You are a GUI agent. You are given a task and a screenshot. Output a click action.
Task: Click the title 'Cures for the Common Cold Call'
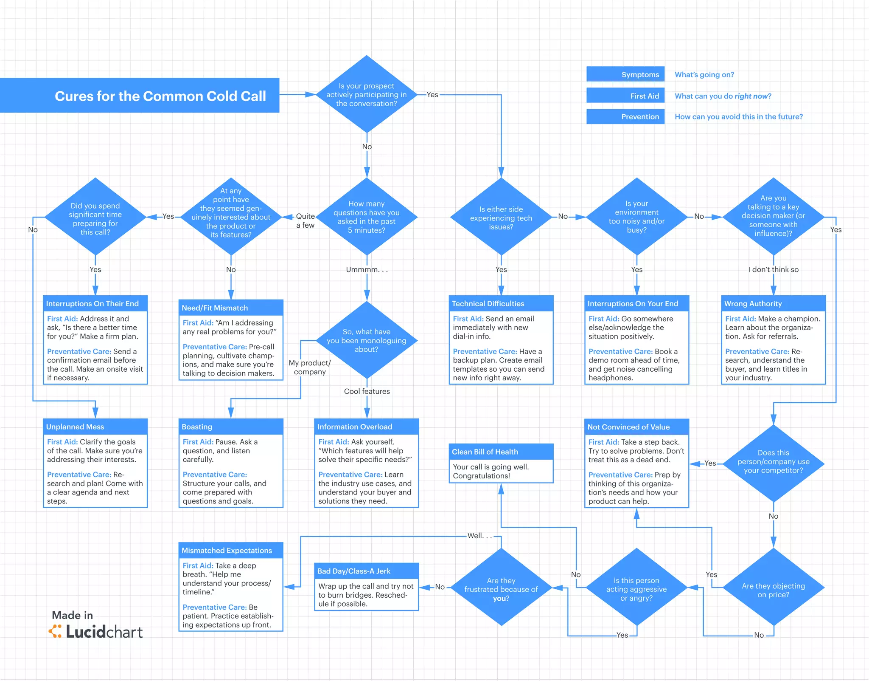(x=160, y=96)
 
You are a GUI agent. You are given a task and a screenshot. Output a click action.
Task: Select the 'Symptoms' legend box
(x=625, y=74)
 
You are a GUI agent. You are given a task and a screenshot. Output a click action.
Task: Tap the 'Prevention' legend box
(x=625, y=116)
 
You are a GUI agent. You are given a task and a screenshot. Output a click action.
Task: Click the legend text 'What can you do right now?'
(x=723, y=96)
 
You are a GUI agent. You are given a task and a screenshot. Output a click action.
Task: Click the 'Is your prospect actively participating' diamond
(x=366, y=94)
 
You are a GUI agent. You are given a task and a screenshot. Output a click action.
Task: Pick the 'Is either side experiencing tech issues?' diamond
(x=501, y=218)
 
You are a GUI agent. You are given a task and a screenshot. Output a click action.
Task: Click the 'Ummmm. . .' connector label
(x=367, y=269)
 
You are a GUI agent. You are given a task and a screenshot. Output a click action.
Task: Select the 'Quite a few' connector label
(x=305, y=220)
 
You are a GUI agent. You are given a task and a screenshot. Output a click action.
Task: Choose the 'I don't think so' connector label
(x=773, y=269)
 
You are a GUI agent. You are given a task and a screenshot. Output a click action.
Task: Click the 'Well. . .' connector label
(x=479, y=536)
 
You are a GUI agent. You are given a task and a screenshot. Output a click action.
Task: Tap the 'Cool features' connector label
(x=367, y=391)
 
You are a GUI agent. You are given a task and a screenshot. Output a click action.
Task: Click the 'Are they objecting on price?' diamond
(x=773, y=590)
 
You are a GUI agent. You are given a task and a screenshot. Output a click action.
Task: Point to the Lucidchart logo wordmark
(x=104, y=632)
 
